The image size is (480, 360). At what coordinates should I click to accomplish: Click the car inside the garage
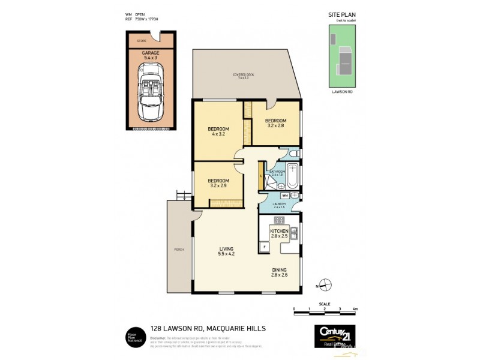[x=151, y=92]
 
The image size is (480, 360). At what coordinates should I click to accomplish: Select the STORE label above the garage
[x=142, y=41]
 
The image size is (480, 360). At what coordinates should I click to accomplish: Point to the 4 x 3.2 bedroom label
[x=218, y=131]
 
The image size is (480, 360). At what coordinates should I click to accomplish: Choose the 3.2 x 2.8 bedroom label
[x=275, y=123]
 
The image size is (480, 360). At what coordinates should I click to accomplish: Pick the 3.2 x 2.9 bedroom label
[x=218, y=183]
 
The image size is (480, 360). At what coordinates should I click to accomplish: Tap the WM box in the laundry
[x=285, y=195]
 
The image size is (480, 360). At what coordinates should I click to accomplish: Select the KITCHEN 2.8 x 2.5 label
[x=279, y=233]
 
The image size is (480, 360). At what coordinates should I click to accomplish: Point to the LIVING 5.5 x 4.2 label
[x=226, y=251]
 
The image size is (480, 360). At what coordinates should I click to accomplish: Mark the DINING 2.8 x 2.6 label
[x=279, y=272]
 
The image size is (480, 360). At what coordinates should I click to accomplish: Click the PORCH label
[x=178, y=250]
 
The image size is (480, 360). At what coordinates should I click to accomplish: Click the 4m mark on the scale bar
[x=355, y=310]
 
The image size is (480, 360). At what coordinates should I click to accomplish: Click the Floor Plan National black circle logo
[x=134, y=335]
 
